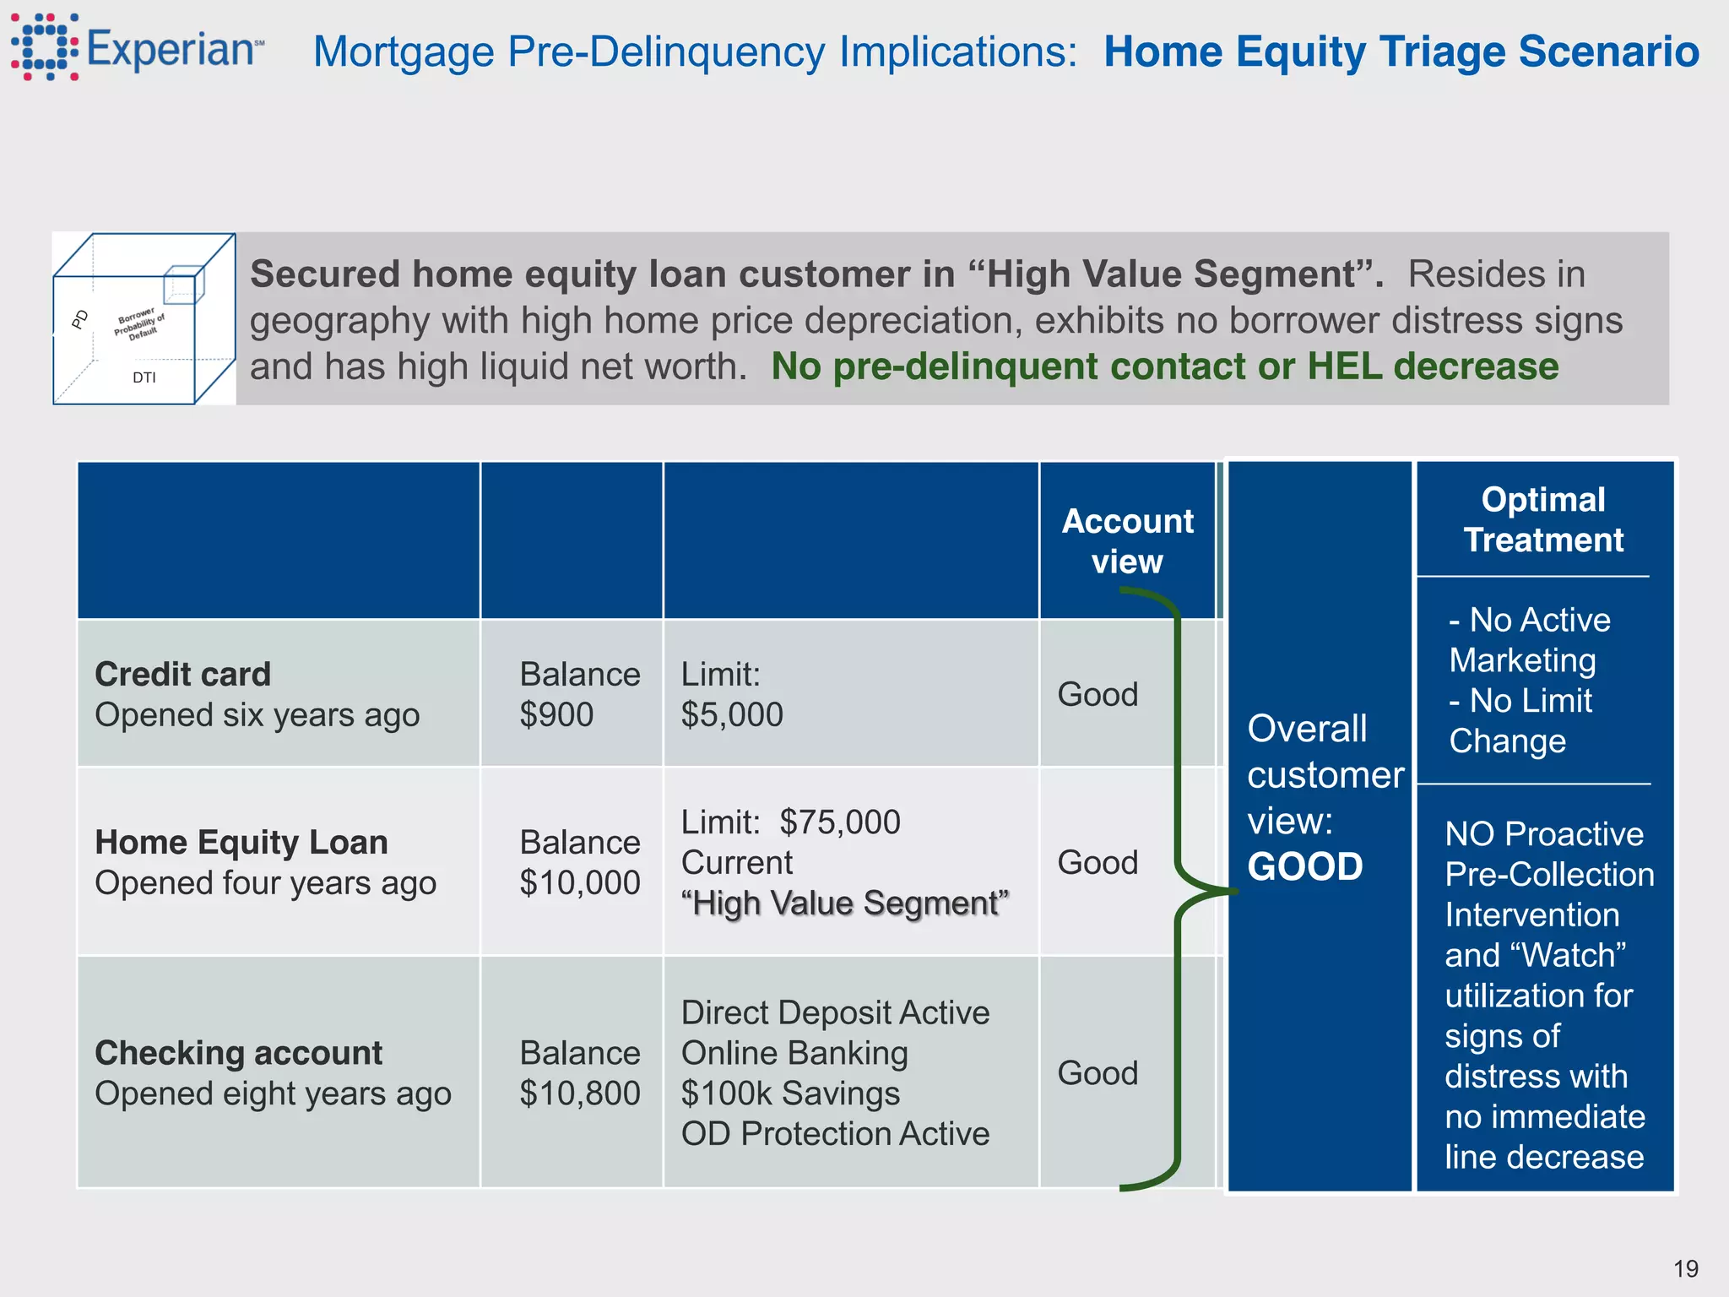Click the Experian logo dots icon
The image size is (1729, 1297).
46,47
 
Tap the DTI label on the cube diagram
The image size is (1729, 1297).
144,377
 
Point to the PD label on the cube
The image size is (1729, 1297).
80,319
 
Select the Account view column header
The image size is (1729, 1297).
1127,541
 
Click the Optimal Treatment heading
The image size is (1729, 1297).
1543,519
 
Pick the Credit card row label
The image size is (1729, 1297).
183,674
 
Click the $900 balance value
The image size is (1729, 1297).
556,715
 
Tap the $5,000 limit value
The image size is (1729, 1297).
732,715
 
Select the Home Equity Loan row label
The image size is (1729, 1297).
241,842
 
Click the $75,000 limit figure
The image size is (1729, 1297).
839,822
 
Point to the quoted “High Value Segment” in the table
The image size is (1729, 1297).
845,903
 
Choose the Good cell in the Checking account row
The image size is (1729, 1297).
1098,1073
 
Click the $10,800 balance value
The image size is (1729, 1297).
580,1093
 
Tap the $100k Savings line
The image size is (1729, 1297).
790,1093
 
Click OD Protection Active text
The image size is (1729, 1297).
835,1134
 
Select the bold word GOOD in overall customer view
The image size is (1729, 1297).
1305,867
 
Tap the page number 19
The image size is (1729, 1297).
1685,1268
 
